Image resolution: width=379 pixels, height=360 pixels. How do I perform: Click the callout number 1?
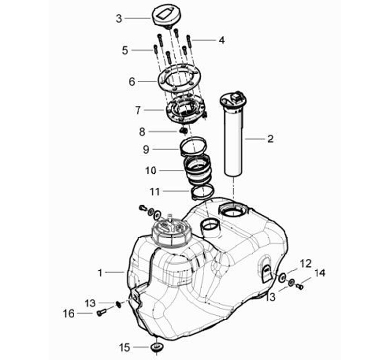click(x=100, y=273)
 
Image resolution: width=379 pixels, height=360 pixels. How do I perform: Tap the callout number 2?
click(x=270, y=139)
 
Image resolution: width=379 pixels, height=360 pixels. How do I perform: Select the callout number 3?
click(x=119, y=18)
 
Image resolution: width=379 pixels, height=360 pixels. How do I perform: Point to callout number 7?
click(x=138, y=111)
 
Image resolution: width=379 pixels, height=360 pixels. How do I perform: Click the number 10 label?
click(x=151, y=171)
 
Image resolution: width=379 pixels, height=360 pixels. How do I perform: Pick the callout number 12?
click(x=306, y=263)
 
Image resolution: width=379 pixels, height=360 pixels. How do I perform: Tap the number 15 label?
click(x=124, y=347)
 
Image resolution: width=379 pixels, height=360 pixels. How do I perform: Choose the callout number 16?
click(x=69, y=314)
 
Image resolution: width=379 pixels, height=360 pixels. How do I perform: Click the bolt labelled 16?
click(x=102, y=313)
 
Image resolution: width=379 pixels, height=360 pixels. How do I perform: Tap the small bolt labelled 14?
click(x=301, y=286)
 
